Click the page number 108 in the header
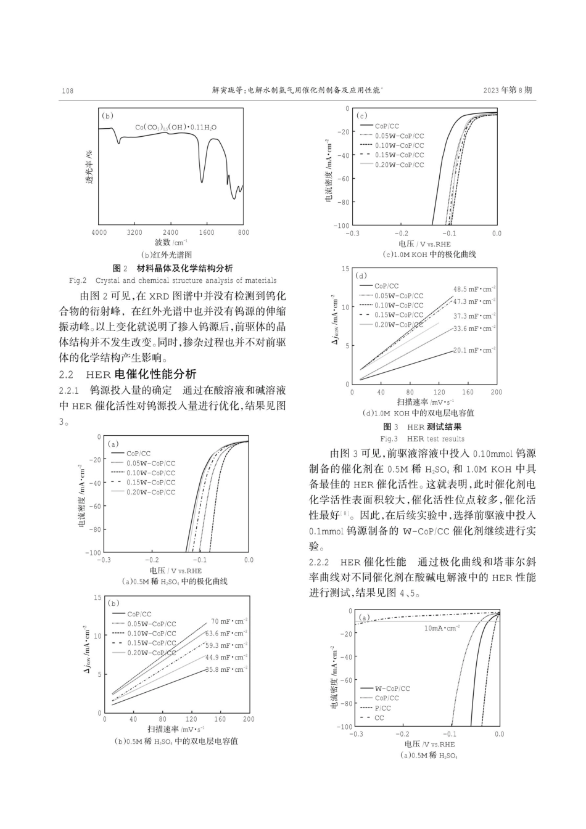pos(68,91)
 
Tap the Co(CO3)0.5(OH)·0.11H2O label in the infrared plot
pos(176,128)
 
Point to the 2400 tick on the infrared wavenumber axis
pos(170,232)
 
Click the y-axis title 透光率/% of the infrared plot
pos(89,166)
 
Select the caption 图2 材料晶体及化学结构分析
pos(173,268)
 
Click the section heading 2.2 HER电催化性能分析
pos(128,374)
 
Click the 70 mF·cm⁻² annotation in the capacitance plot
pos(229,621)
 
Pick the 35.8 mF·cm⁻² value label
pos(226,669)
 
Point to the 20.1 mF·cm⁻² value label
pos(474,350)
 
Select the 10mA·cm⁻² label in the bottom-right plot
pos(442,628)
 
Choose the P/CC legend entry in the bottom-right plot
pos(382,708)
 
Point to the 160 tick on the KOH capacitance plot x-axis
pos(468,392)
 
